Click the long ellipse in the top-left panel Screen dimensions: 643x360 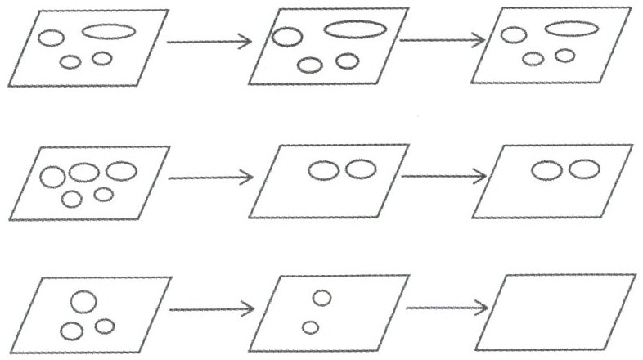point(108,32)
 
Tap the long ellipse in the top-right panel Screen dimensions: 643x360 point(572,29)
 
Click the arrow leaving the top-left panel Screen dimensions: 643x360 point(208,42)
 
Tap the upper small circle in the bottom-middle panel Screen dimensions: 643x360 point(321,298)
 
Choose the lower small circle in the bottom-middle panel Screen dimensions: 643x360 point(310,327)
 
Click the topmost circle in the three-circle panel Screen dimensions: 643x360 point(81,301)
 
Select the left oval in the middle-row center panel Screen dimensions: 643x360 point(322,171)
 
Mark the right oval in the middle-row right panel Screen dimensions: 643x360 point(584,169)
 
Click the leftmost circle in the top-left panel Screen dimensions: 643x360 point(51,38)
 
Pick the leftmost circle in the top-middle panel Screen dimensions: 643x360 point(286,37)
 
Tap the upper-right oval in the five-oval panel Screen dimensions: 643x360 point(121,171)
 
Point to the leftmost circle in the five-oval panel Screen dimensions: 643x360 point(53,177)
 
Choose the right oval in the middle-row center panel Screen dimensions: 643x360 point(360,169)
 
